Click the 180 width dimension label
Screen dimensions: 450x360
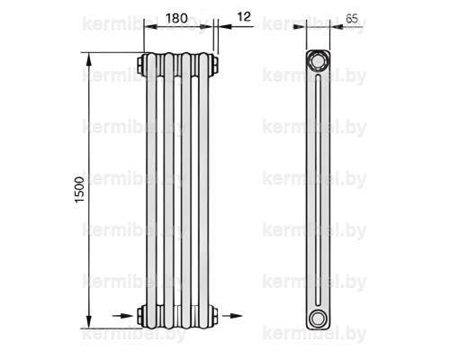click(176, 18)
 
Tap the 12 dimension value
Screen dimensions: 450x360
click(244, 17)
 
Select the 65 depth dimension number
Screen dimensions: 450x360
click(352, 19)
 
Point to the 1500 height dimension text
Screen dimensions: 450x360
click(80, 190)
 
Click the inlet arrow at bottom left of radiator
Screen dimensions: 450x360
click(122, 316)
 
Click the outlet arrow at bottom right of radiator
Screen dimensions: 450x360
click(232, 316)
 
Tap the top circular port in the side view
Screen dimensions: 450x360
click(317, 61)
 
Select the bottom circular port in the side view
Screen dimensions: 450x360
click(317, 319)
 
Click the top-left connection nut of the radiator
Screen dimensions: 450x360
click(141, 65)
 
